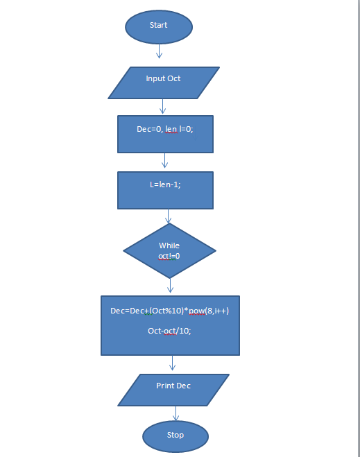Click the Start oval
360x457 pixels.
click(x=158, y=26)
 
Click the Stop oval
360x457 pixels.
click(x=175, y=436)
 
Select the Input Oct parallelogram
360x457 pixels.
click(x=164, y=83)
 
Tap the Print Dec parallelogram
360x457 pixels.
click(x=173, y=389)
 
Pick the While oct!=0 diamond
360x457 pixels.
click(x=169, y=250)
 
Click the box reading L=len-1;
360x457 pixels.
click(x=165, y=189)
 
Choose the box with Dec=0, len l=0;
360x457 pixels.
click(x=164, y=134)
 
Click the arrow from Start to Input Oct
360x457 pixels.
click(x=159, y=51)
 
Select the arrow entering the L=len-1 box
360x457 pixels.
click(x=164, y=161)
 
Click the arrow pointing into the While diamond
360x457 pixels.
click(x=169, y=216)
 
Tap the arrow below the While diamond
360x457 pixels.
click(x=170, y=286)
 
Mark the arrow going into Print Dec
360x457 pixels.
click(x=172, y=363)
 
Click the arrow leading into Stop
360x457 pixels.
click(x=175, y=413)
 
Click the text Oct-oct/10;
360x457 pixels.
click(x=169, y=331)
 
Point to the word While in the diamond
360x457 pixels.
click(x=169, y=245)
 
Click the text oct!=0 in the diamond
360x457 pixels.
click(x=169, y=256)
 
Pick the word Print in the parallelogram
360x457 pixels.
click(x=165, y=386)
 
